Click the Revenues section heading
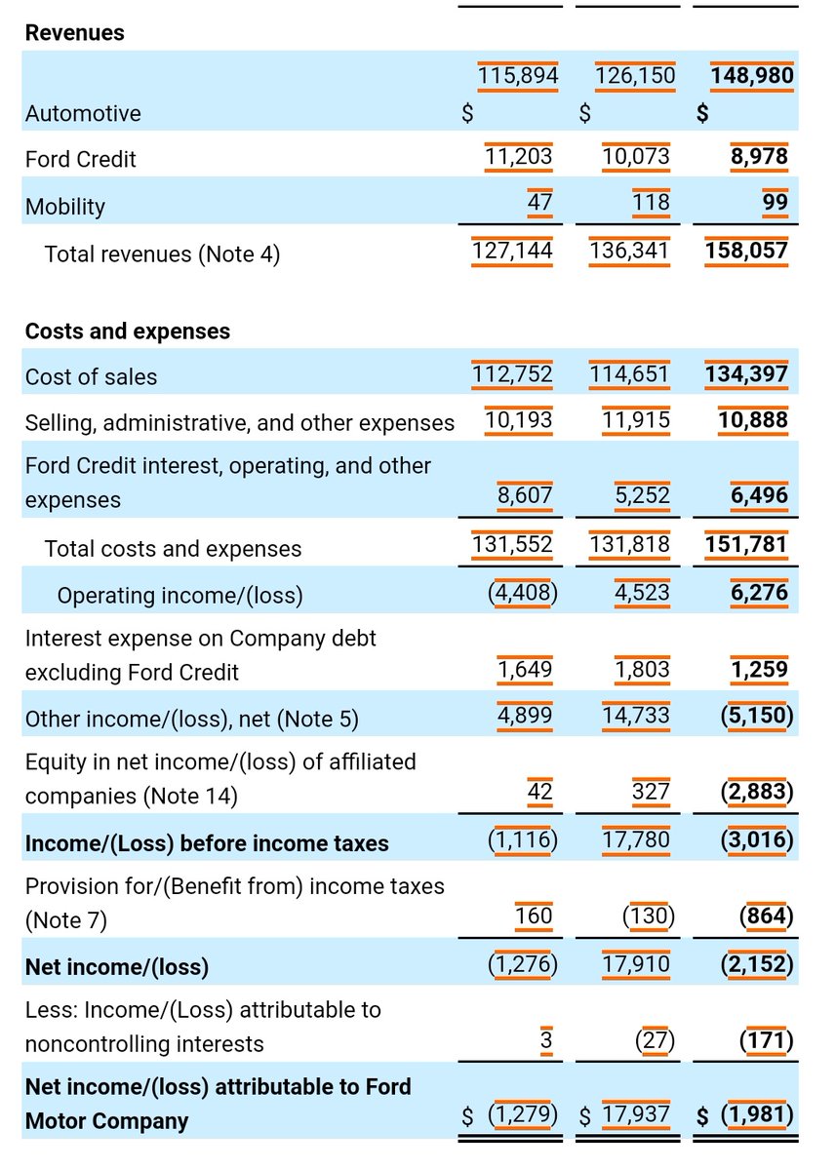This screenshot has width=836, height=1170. coord(74,33)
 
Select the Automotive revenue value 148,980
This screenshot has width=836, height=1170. coord(751,76)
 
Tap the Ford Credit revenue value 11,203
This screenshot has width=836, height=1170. coord(518,157)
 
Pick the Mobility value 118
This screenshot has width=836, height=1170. coord(651,203)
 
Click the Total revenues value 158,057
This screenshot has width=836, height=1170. coord(746,251)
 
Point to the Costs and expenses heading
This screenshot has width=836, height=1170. coord(127,331)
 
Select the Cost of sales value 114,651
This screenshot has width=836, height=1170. coord(629,374)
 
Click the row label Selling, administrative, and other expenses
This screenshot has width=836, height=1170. coord(239,422)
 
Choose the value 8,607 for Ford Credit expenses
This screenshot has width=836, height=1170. coord(525,495)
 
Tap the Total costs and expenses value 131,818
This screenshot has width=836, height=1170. coord(629,543)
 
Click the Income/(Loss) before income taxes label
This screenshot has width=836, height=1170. coord(207,843)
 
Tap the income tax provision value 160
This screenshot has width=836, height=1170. coord(533,916)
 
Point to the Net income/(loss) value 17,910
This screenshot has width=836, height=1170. coord(635,965)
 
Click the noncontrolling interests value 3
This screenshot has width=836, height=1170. coord(546,1041)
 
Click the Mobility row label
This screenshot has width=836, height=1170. coord(64,207)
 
